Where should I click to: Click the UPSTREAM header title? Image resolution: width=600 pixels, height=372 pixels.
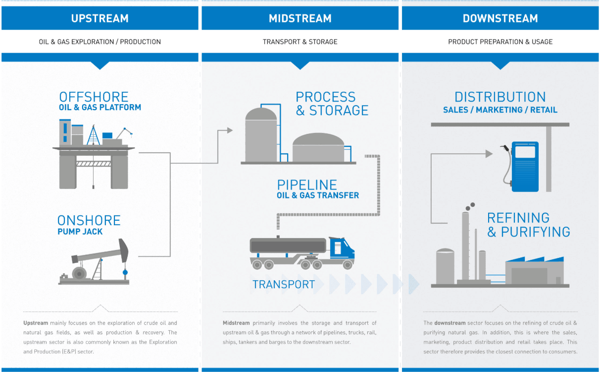tap(100, 19)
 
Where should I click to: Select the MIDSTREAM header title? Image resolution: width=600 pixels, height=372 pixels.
tap(300, 19)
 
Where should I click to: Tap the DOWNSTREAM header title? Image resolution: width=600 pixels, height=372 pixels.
tap(500, 19)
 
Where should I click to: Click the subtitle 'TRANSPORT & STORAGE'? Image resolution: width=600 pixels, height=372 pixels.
tap(300, 42)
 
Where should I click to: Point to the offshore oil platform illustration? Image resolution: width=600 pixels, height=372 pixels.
tap(93, 154)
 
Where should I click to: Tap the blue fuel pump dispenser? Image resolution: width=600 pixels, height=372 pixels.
tap(525, 166)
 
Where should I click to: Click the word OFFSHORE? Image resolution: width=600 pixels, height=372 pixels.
tap(94, 97)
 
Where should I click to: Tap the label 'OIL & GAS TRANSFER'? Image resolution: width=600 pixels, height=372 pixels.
tap(318, 195)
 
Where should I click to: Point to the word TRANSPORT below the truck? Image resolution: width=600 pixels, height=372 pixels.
tap(283, 284)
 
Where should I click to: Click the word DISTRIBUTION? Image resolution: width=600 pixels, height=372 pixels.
tap(500, 97)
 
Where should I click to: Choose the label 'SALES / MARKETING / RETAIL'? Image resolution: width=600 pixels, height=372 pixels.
tap(500, 110)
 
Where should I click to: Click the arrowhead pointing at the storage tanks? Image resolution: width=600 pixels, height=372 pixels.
tap(229, 130)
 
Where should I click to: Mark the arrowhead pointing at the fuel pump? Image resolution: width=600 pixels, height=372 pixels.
tap(489, 154)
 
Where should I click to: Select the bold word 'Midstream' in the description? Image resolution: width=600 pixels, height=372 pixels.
tap(236, 323)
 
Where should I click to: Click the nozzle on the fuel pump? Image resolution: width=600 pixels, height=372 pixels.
tap(504, 148)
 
